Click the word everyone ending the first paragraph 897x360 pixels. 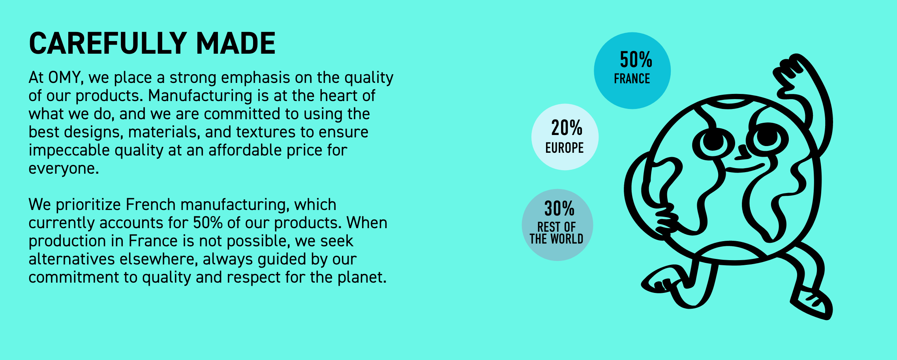[64, 169]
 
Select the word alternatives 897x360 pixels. [72, 259]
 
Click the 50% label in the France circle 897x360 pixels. [636, 60]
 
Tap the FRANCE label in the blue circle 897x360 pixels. [632, 79]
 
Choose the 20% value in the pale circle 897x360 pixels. [567, 128]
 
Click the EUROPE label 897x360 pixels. [565, 148]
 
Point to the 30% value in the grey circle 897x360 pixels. [559, 209]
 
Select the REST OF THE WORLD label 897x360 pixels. [556, 233]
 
